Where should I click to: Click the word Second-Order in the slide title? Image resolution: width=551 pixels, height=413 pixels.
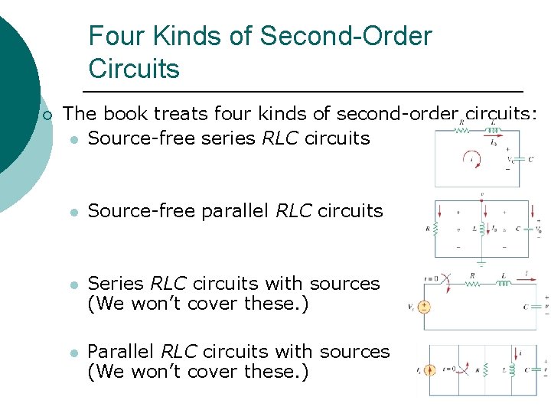click(x=345, y=36)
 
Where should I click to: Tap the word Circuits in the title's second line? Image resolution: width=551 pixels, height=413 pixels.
click(x=134, y=69)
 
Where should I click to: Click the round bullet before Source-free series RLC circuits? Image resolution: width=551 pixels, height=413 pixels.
click(x=73, y=139)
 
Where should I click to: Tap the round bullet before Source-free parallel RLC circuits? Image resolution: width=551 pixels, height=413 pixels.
click(x=73, y=211)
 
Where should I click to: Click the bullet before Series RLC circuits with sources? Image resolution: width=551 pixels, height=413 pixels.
click(x=73, y=284)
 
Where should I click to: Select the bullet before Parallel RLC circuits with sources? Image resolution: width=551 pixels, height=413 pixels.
click(x=73, y=353)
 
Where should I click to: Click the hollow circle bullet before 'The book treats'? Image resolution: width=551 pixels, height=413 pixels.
click(x=47, y=115)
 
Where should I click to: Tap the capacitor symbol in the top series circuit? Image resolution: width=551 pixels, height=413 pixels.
click(x=520, y=159)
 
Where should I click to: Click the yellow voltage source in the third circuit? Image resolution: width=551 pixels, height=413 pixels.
click(x=423, y=307)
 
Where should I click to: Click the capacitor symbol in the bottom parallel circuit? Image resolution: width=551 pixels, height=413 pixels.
click(x=534, y=369)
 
